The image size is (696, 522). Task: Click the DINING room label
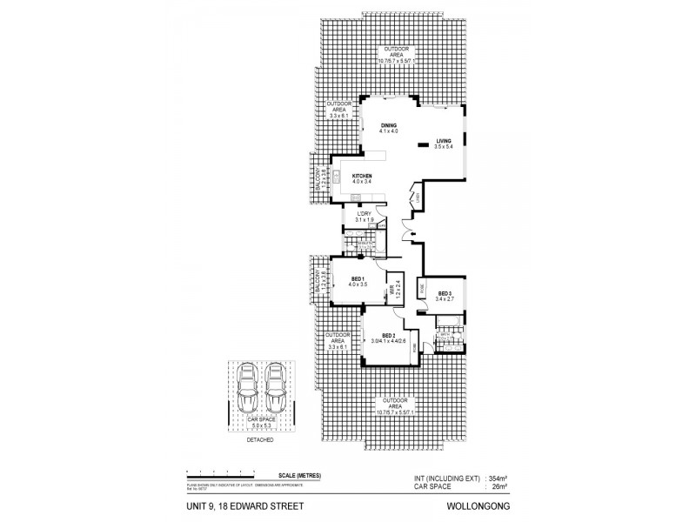tap(389, 125)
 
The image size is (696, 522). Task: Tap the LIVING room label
tap(444, 141)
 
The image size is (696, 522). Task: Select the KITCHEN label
tap(362, 176)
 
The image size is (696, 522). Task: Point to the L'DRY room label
tap(364, 214)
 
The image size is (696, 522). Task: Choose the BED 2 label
tap(388, 335)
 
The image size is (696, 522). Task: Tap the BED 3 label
tap(445, 294)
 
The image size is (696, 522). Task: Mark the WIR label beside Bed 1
tap(392, 286)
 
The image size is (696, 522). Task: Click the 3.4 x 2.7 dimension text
tap(445, 300)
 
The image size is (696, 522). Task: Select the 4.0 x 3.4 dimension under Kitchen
tap(362, 182)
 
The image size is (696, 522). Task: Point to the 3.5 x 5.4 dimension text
tap(444, 147)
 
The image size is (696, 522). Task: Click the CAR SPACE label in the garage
tap(261, 419)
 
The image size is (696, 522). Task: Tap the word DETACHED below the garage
tap(261, 440)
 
